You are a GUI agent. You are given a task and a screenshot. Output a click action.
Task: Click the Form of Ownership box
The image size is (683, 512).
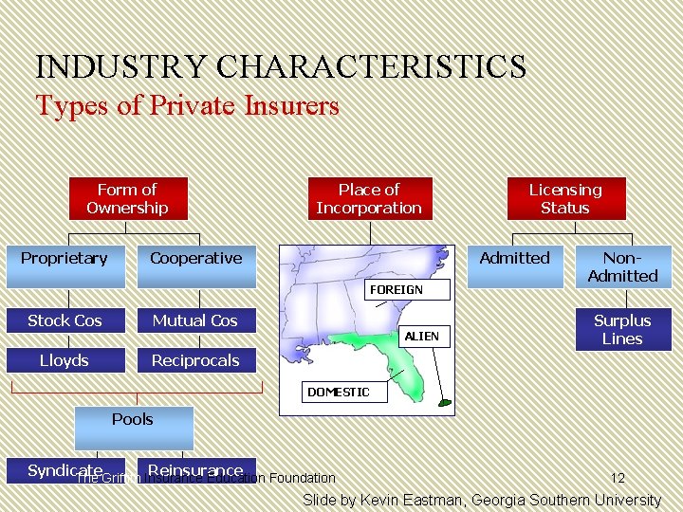click(127, 198)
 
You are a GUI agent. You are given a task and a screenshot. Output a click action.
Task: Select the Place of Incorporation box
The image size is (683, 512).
click(368, 198)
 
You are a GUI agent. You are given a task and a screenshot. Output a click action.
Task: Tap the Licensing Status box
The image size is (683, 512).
click(564, 198)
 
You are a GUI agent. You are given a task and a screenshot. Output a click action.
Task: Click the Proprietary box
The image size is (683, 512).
click(65, 258)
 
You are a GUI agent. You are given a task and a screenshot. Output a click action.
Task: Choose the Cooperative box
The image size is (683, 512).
click(196, 258)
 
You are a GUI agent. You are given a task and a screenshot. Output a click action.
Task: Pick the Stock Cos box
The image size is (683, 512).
click(65, 320)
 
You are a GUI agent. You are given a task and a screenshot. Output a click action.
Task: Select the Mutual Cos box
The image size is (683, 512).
click(195, 320)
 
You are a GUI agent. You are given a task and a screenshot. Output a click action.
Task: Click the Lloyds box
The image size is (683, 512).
click(65, 360)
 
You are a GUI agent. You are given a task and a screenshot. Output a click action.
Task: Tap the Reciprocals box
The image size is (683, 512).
click(195, 360)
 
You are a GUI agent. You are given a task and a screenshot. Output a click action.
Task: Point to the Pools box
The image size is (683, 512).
click(132, 419)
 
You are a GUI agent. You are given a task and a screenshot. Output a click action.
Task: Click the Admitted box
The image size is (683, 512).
click(514, 258)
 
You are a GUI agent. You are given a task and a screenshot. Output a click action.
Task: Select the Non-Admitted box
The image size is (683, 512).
click(622, 266)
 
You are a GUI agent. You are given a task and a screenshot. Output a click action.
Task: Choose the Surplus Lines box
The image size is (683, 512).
click(622, 329)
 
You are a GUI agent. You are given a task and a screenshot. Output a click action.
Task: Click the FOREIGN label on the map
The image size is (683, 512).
click(397, 288)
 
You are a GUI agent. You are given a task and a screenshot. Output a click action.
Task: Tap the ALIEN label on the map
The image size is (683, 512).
click(422, 336)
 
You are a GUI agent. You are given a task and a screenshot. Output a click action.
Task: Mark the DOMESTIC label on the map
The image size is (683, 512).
click(339, 392)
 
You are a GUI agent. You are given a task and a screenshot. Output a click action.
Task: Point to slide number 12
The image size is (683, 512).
click(618, 478)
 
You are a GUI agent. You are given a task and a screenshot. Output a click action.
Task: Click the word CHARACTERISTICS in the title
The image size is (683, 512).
click(371, 67)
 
